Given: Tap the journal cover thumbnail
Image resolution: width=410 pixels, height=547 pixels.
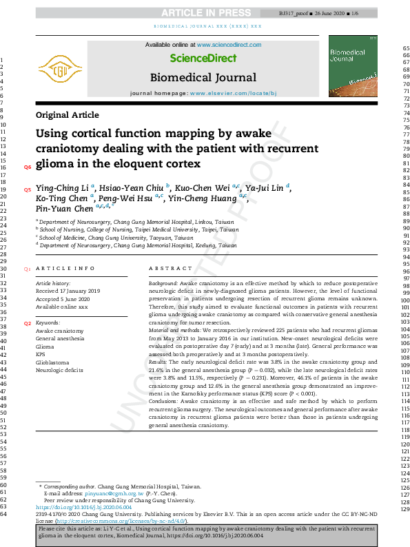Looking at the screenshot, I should (x=356, y=68).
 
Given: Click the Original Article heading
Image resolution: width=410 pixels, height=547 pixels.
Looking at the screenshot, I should (x=67, y=115).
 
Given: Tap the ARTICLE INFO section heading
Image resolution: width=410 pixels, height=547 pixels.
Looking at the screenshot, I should (x=65, y=269).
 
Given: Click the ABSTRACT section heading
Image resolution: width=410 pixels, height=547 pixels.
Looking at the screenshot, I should (x=171, y=269).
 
